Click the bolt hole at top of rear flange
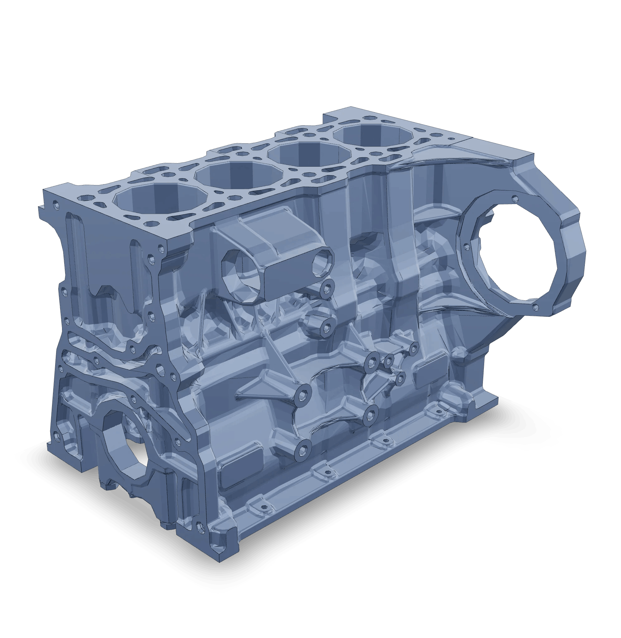(x=514, y=198)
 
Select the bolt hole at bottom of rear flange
(x=535, y=306)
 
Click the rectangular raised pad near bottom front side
(x=242, y=467)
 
